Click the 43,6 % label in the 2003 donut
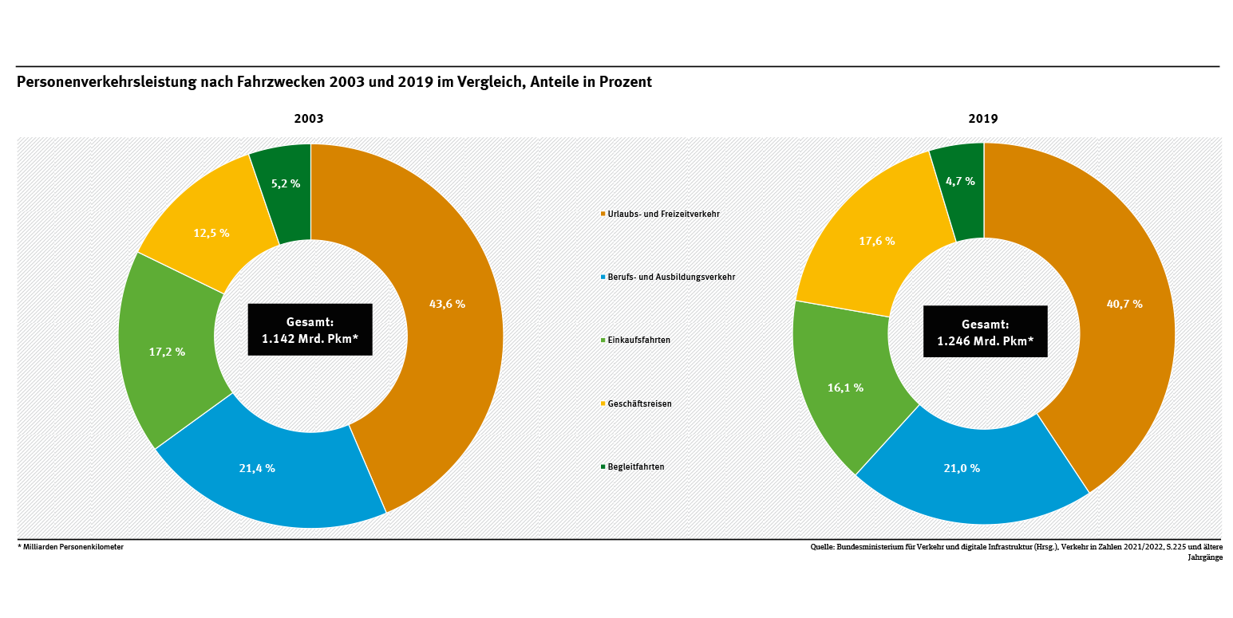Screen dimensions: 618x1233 click(447, 304)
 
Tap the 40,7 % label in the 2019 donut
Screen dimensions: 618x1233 click(1124, 304)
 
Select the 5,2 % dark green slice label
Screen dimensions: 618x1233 click(286, 183)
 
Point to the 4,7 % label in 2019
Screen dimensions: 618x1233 click(960, 181)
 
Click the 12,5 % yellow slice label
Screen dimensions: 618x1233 click(211, 233)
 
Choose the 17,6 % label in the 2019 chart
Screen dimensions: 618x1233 click(876, 240)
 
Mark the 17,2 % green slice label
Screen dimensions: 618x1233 click(167, 351)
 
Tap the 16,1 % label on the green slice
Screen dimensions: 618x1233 click(845, 388)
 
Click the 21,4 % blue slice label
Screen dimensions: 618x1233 click(257, 468)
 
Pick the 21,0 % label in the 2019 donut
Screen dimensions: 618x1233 click(962, 468)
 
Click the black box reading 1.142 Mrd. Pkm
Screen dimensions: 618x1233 click(310, 329)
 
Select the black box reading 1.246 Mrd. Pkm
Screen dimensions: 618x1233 click(985, 332)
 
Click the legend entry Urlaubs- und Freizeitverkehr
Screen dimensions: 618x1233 click(652, 214)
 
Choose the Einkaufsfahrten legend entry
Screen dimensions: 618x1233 click(638, 340)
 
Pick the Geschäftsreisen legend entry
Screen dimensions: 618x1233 click(639, 403)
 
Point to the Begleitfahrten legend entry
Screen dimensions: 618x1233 click(635, 466)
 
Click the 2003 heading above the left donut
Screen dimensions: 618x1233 click(309, 118)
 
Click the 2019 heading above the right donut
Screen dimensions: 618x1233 click(983, 118)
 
